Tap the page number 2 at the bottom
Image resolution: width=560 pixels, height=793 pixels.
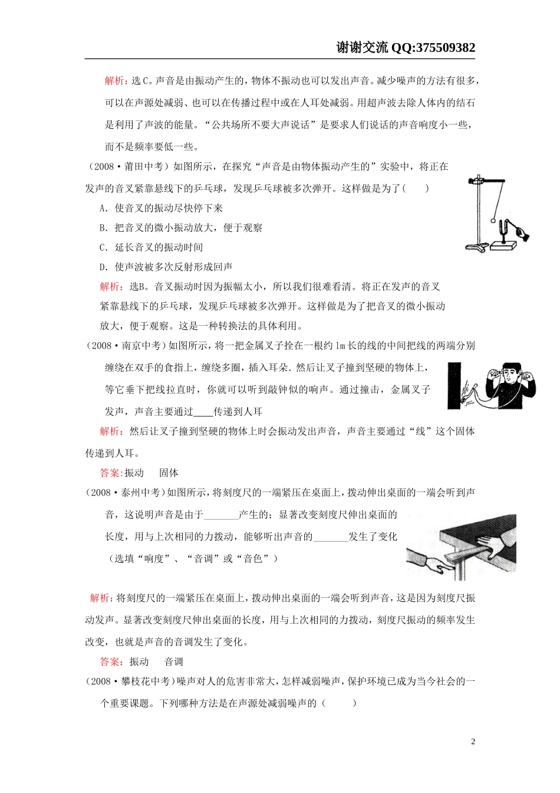473,742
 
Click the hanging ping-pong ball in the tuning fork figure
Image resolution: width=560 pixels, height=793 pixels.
493,221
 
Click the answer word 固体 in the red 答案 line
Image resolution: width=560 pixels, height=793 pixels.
169,473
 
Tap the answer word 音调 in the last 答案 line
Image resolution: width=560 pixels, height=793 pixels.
173,662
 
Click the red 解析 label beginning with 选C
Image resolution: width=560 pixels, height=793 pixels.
114,81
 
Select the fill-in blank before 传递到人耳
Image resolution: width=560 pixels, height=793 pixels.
203,412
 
